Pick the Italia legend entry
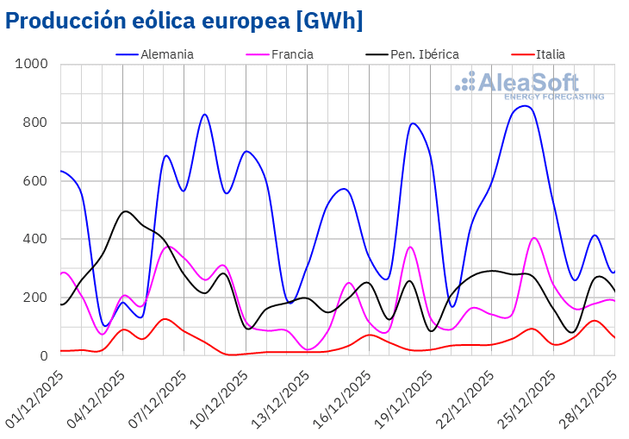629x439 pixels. pos(550,53)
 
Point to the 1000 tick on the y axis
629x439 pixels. pos(33,65)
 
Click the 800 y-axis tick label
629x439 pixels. pos(36,122)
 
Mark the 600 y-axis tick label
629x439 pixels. pos(36,181)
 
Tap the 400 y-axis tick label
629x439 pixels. pos(36,239)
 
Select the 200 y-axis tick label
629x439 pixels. pos(36,298)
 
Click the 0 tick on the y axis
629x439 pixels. pos(44,355)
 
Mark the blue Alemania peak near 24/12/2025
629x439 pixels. pos(524,106)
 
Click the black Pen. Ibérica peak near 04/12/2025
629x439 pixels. pos(126,211)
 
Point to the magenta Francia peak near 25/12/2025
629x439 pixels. pos(534,238)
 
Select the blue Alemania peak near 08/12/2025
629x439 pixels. pos(204,115)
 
